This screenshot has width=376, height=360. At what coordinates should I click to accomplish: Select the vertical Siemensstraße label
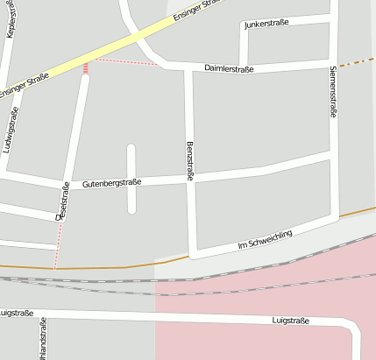(x=333, y=91)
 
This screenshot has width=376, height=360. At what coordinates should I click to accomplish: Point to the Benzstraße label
(x=190, y=161)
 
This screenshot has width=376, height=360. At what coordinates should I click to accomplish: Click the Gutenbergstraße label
(x=111, y=183)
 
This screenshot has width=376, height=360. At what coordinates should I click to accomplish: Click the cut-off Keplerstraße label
(x=11, y=19)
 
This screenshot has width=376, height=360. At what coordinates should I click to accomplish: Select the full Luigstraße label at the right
(x=291, y=321)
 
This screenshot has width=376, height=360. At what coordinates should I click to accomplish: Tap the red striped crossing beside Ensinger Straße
(x=86, y=67)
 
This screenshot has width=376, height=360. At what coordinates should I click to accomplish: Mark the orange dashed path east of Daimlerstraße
(x=356, y=62)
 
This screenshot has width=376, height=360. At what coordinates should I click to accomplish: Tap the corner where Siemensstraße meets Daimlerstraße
(x=333, y=63)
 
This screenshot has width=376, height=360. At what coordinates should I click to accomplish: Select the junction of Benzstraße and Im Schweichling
(x=192, y=255)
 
